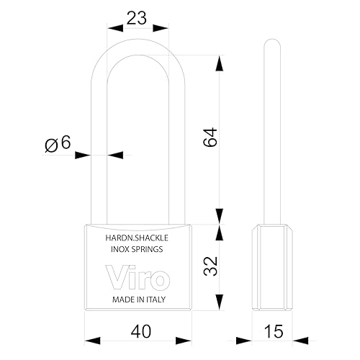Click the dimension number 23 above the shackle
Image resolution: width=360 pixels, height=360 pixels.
pyautogui.click(x=136, y=18)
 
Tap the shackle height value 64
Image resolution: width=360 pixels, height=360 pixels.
pyautogui.click(x=210, y=137)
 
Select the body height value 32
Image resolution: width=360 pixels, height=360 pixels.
pyautogui.click(x=210, y=266)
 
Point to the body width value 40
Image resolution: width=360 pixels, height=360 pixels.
pyautogui.click(x=141, y=331)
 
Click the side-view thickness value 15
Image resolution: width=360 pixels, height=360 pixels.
pyautogui.click(x=274, y=331)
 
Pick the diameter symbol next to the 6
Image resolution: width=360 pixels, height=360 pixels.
pyautogui.click(x=52, y=145)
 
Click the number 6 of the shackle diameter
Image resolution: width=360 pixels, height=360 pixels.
pyautogui.click(x=66, y=142)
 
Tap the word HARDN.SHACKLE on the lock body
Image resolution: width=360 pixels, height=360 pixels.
pyautogui.click(x=137, y=238)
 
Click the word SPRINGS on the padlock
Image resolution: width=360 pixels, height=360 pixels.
pyautogui.click(x=148, y=249)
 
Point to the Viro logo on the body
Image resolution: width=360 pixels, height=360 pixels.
pyautogui.click(x=138, y=277)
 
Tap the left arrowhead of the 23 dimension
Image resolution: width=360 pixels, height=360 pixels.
pyautogui.click(x=115, y=28)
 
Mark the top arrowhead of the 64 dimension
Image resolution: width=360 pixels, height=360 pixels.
pyautogui.click(x=220, y=63)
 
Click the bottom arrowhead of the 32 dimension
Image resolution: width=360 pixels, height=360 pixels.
pyautogui.click(x=220, y=302)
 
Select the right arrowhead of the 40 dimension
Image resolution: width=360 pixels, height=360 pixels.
pyautogui.click(x=184, y=341)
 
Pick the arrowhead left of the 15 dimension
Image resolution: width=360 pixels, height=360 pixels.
pyautogui.click(x=244, y=341)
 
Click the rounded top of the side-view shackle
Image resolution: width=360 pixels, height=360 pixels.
pyautogui.click(x=272, y=42)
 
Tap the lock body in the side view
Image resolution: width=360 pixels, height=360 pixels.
pyautogui.click(x=272, y=267)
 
